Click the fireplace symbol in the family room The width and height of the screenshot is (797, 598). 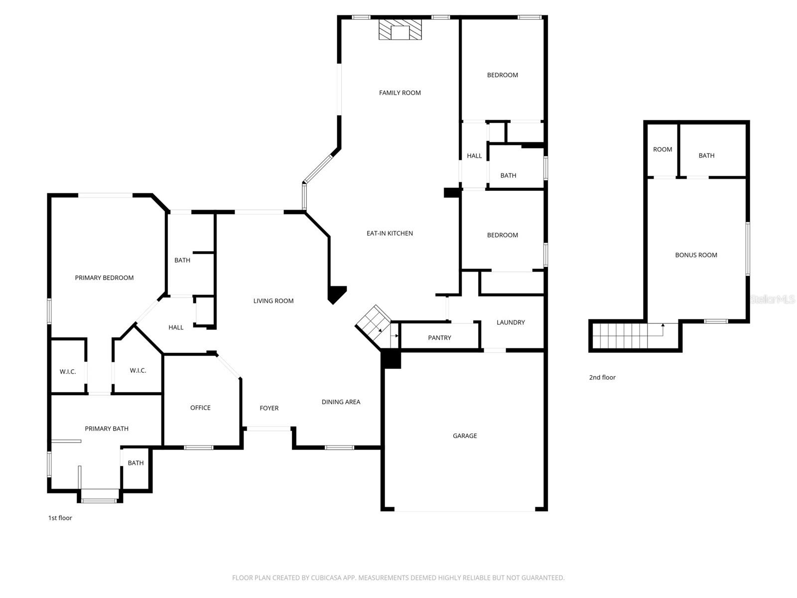pos(400,29)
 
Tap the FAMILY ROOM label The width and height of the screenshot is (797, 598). pos(399,93)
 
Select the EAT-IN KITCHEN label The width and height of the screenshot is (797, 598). pos(390,233)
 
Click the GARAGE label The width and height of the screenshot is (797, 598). pos(464,436)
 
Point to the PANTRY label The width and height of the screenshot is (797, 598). pos(439,338)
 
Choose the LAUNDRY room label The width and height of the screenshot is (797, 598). pos(510,322)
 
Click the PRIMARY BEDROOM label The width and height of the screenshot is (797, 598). pos(104,278)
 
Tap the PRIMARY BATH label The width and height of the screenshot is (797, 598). pos(107,429)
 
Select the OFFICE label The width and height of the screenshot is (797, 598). pos(200,408)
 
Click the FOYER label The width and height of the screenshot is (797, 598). pos(269,408)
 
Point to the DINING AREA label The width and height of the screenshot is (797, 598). pos(341,402)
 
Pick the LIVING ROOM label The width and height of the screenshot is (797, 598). pos(273,301)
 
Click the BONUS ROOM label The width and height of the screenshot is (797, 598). pos(696,255)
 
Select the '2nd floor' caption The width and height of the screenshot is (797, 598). pos(602,377)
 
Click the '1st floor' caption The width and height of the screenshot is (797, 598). pos(60,518)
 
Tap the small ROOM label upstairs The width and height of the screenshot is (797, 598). pos(662,149)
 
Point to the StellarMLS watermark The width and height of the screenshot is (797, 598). pos(772,299)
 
